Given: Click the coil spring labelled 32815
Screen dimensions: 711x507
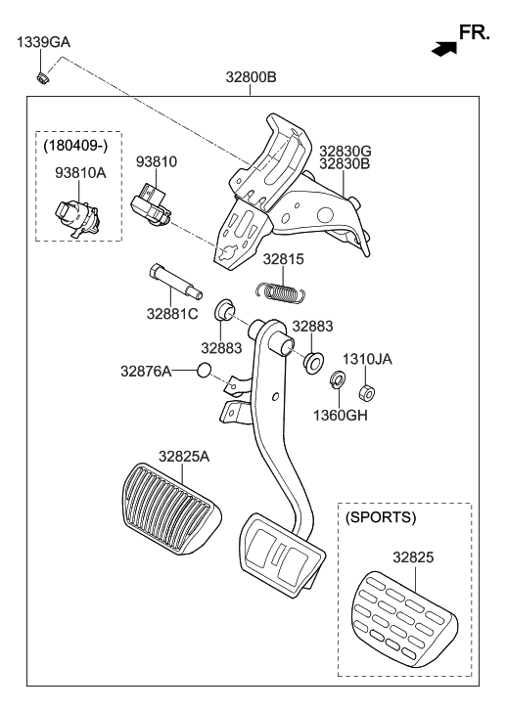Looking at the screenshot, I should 283,290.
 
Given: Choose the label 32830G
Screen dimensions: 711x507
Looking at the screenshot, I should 345,151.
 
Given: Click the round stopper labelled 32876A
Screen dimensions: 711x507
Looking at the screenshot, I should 204,371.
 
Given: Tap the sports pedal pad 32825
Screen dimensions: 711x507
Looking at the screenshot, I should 402,611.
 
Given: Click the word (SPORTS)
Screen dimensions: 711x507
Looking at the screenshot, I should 382,516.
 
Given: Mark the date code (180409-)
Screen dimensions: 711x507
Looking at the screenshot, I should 78,146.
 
